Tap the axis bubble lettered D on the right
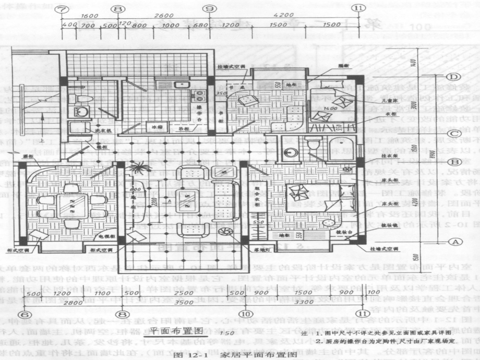[453, 78]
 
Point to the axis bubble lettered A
[453, 242]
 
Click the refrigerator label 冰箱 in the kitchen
[157, 127]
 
